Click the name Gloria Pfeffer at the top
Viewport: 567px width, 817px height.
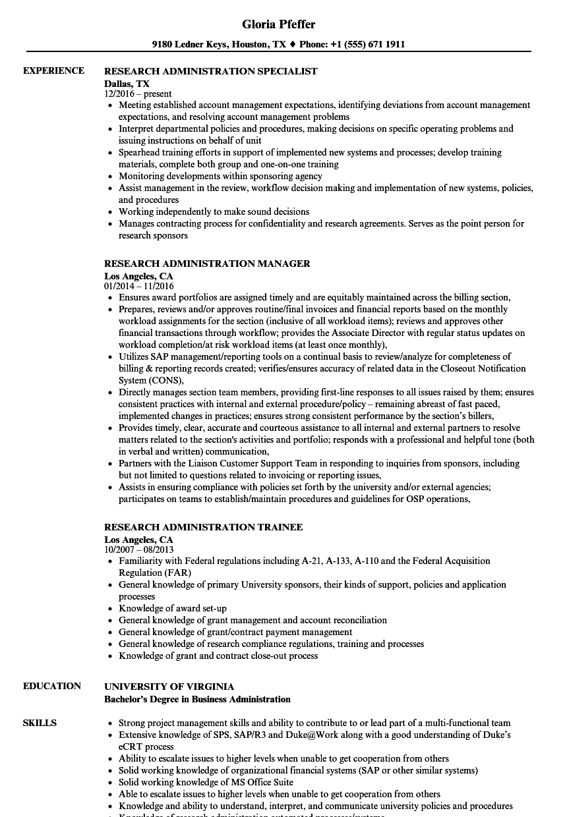point(278,24)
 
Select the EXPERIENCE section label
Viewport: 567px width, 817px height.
point(53,71)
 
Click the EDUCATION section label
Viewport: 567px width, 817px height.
point(52,687)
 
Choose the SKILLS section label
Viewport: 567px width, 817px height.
point(40,723)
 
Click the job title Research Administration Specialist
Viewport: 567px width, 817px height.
point(211,71)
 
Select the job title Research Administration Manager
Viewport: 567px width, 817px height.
point(207,264)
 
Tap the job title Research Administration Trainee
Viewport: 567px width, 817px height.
point(204,527)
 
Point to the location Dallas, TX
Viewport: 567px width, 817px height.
point(127,84)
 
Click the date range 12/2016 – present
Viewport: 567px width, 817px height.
point(138,94)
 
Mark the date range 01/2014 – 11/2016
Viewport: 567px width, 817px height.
point(138,287)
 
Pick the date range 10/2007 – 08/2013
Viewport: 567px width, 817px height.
point(138,550)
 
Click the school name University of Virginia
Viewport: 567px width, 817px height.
point(169,687)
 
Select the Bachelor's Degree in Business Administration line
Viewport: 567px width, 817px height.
point(197,699)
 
